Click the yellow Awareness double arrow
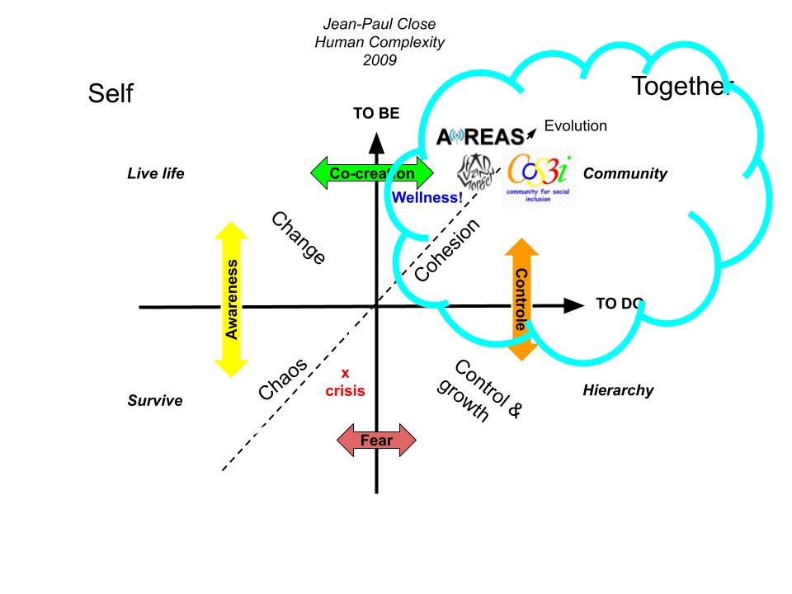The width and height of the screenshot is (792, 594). (232, 299)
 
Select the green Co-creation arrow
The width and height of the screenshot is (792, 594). (371, 173)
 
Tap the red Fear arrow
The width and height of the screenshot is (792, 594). (376, 441)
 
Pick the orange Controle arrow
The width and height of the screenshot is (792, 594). (521, 299)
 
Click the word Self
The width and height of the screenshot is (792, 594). (111, 95)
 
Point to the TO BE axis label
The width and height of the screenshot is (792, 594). (376, 114)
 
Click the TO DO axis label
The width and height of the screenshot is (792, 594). (619, 304)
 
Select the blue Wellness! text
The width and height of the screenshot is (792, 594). (427, 198)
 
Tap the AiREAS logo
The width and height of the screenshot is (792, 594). (480, 136)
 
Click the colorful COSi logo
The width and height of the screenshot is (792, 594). (539, 177)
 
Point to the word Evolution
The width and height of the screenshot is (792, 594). (576, 126)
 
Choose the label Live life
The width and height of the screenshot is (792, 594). (156, 174)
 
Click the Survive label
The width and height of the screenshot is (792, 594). (155, 401)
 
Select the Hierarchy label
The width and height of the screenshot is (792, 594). (618, 390)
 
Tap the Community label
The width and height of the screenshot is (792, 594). (625, 174)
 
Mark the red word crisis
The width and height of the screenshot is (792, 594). (345, 391)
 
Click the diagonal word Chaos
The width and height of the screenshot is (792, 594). (283, 379)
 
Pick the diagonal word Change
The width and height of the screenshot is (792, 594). (299, 238)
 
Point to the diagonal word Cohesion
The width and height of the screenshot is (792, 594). (447, 251)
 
